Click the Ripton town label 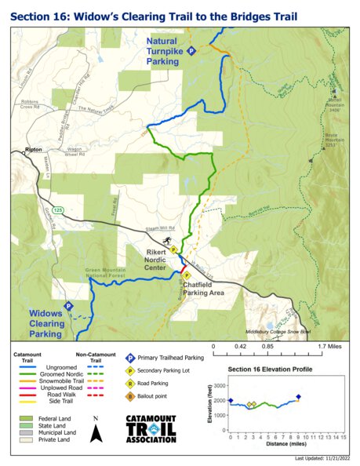coord(32,149)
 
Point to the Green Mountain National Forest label coord(116,273)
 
